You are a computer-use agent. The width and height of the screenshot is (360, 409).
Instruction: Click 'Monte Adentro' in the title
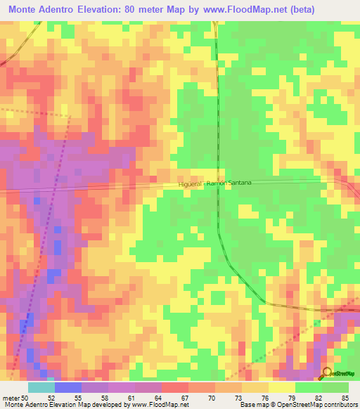coord(44,10)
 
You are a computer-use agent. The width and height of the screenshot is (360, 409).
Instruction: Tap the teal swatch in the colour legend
coord(41,387)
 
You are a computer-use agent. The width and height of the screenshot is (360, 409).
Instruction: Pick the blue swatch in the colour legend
coord(68,387)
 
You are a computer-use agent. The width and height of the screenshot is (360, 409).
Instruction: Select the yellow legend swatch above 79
coord(282,387)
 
